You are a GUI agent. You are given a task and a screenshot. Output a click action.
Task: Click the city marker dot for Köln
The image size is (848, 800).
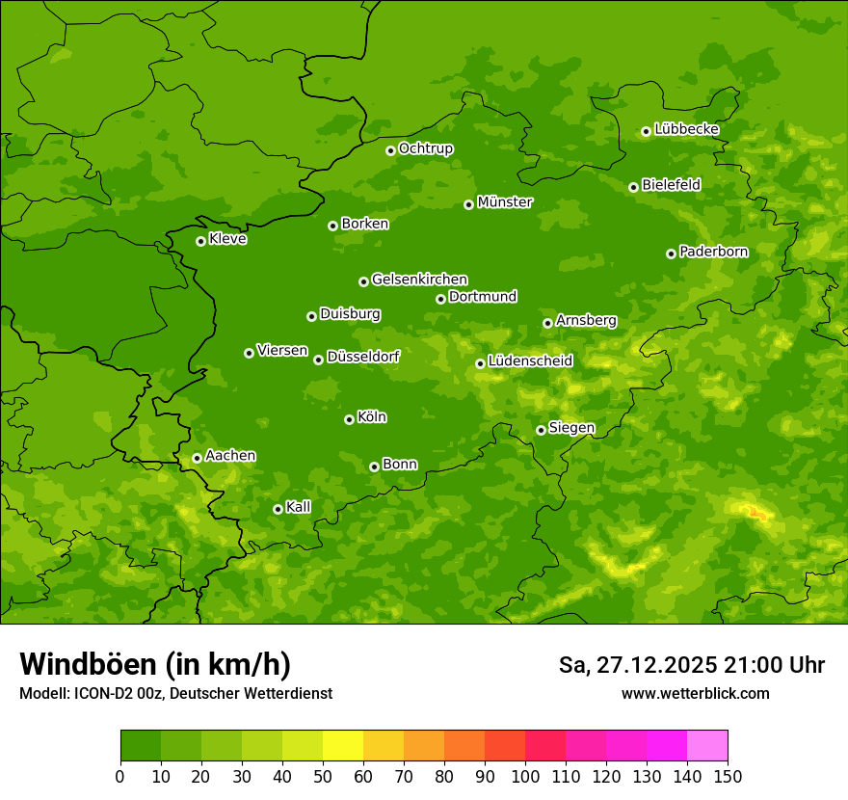tap(349, 419)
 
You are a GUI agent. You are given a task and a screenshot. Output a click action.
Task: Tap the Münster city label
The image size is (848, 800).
tap(504, 202)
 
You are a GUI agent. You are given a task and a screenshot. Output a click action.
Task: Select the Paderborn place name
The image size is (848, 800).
tap(713, 252)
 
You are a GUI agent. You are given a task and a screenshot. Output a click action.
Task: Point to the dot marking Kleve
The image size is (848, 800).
tap(200, 241)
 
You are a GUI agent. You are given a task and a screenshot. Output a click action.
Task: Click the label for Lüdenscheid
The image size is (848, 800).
tap(530, 361)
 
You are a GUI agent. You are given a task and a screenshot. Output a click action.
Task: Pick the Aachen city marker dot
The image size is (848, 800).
tap(197, 458)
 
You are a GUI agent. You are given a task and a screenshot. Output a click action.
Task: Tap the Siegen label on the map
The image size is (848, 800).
tap(571, 428)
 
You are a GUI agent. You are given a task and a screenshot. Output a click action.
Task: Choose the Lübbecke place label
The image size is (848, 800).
tap(686, 129)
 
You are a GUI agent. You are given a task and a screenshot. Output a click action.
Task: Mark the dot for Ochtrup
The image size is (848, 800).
tap(390, 150)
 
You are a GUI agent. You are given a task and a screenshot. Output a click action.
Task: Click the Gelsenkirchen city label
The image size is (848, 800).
tap(419, 280)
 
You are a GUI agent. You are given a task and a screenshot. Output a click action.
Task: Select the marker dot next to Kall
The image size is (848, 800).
tap(278, 509)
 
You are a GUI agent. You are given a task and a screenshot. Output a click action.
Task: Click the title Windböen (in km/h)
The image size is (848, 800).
tap(155, 664)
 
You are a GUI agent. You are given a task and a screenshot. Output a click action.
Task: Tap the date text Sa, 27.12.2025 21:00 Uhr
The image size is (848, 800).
tap(691, 665)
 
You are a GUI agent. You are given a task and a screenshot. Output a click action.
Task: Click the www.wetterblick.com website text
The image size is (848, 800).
tap(695, 693)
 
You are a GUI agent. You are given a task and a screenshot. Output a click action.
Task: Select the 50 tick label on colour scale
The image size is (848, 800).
tap(323, 777)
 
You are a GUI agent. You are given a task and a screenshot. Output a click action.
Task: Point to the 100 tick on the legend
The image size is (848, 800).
tap(525, 777)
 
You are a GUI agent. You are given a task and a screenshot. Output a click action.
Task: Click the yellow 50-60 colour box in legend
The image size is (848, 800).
tap(343, 746)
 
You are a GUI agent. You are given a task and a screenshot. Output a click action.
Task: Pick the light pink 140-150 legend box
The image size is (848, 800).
tap(707, 746)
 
